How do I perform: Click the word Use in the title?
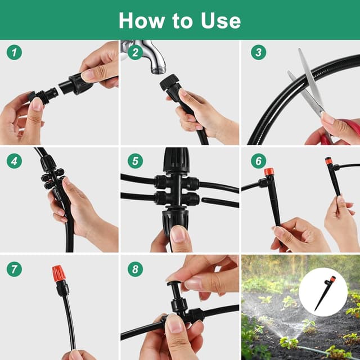coord(218,20)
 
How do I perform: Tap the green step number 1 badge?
coord(15,53)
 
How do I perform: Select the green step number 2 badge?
coord(134,53)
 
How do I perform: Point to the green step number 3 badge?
coord(258,53)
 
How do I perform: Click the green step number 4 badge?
coord(15,161)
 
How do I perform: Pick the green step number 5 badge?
coord(134,161)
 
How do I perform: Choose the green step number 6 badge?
coord(258,161)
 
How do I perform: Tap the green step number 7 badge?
coord(15,269)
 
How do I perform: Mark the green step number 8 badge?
coord(134,269)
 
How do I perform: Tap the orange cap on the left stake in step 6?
coord(269,172)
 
